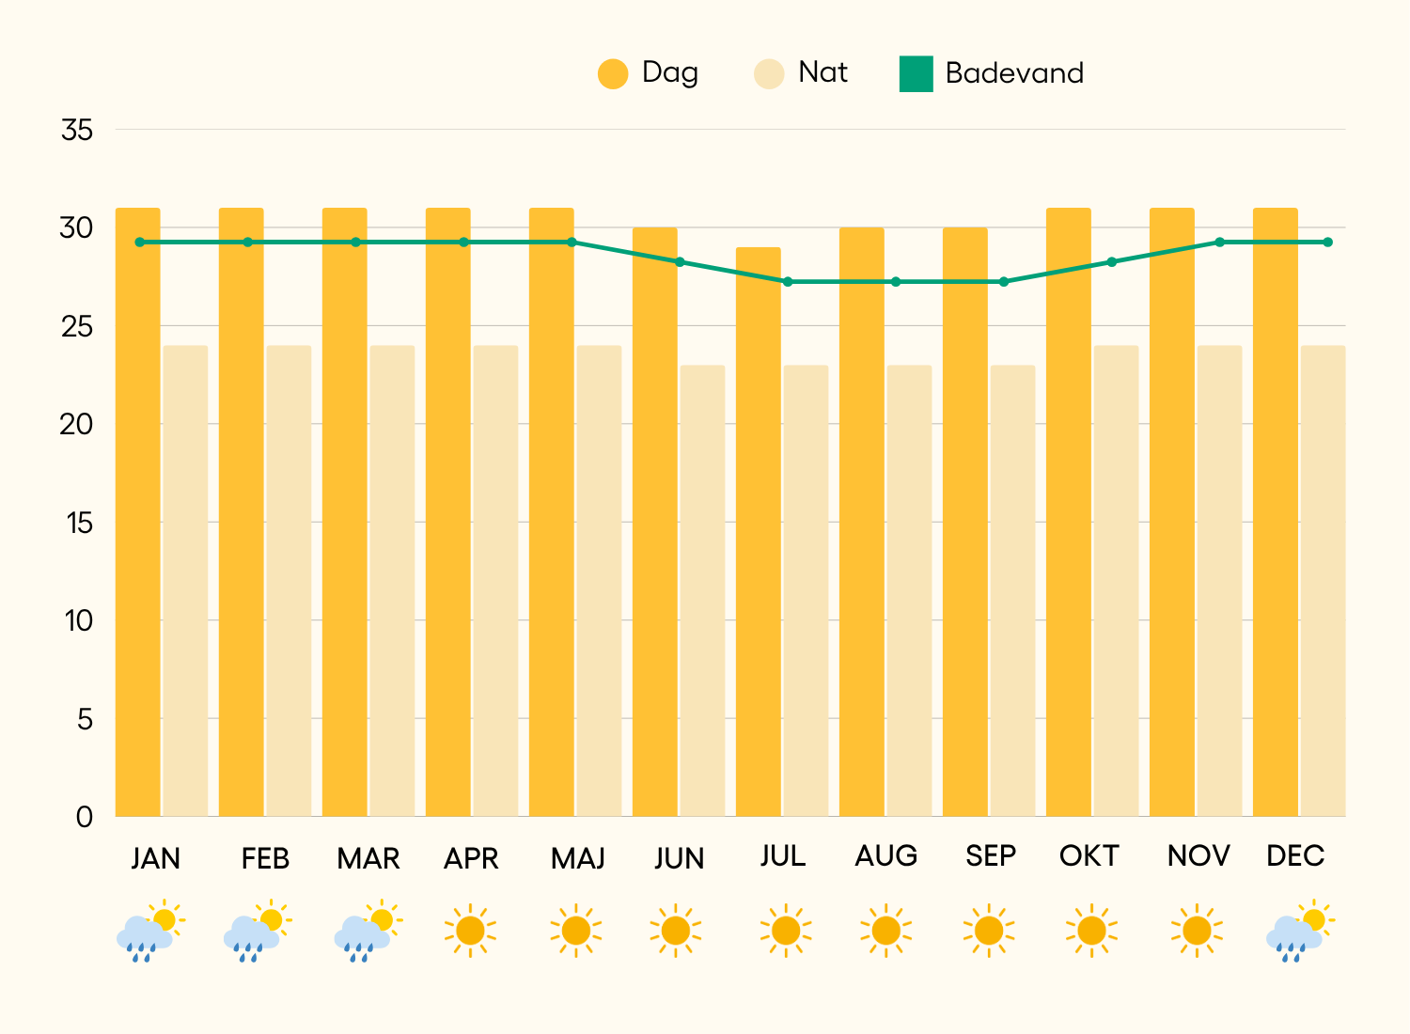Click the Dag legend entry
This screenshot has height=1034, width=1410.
649,73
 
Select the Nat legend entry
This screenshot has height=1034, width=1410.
801,73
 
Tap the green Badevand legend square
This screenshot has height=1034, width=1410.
916,74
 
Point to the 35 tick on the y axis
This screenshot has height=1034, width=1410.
77,130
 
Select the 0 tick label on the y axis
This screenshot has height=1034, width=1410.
85,817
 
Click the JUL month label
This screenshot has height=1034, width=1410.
783,856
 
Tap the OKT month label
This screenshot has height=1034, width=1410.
1089,856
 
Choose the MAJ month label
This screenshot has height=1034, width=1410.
577,858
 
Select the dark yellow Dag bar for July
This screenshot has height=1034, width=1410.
758,531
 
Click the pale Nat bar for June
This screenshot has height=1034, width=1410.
702,590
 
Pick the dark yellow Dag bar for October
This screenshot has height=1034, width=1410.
1068,511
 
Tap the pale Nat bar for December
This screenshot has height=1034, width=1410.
1323,580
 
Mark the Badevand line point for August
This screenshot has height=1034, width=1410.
896,282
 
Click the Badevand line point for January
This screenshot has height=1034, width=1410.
140,243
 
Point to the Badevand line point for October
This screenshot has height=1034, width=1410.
1112,262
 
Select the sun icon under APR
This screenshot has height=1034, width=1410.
470,931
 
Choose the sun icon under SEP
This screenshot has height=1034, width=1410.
989,931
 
